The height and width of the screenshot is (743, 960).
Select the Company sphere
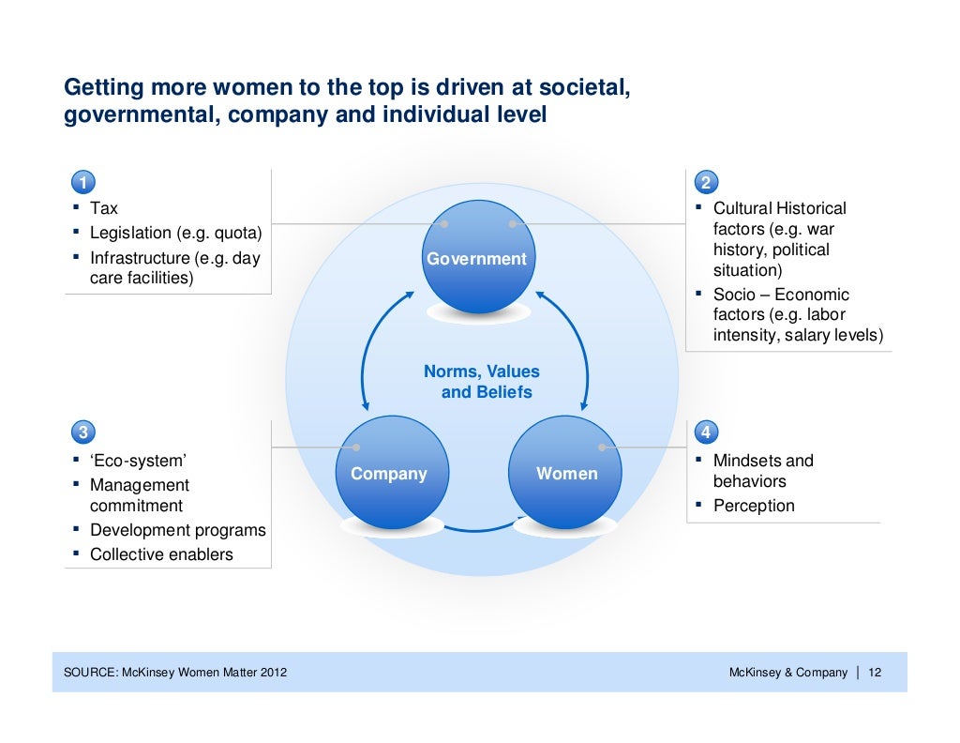point(389,474)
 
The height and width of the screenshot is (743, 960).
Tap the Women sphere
point(566,474)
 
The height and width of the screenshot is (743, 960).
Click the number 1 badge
point(83,182)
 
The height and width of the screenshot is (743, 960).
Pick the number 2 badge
point(706,182)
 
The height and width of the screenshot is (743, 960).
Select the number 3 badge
point(83,432)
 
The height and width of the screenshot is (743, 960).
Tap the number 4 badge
point(706,432)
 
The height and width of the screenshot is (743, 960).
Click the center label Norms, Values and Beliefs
point(482,382)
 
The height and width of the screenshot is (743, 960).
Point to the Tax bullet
point(103,208)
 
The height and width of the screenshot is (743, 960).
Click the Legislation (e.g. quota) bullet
point(176,233)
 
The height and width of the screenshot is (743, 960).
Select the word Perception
point(753,506)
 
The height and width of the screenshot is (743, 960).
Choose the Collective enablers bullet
point(161,554)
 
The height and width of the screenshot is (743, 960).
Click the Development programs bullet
point(177,530)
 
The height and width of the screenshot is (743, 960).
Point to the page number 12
point(876,673)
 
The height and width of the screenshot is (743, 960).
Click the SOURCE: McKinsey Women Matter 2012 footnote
point(175,673)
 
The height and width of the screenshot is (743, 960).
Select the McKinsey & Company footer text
point(787,673)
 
